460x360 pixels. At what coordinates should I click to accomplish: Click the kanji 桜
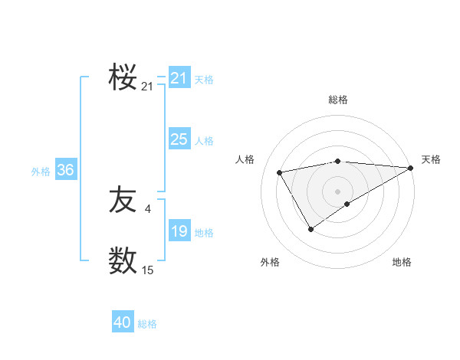(x=123, y=77)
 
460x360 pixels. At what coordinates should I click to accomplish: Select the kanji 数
(x=123, y=260)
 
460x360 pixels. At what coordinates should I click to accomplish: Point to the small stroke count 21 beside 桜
(x=147, y=87)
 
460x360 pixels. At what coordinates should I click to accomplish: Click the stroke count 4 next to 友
(x=147, y=208)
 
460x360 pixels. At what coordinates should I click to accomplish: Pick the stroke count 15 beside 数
(x=147, y=270)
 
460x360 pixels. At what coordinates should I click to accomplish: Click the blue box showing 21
(x=179, y=78)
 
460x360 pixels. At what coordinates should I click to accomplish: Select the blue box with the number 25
(x=179, y=139)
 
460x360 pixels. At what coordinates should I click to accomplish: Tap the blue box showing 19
(x=179, y=231)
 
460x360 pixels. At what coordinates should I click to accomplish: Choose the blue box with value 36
(x=65, y=170)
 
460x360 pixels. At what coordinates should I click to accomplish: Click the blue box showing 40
(x=123, y=323)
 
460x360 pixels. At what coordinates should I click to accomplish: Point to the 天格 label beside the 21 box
(x=204, y=79)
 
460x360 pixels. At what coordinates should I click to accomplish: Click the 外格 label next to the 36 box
(x=41, y=172)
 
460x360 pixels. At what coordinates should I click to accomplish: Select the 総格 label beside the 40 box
(x=147, y=324)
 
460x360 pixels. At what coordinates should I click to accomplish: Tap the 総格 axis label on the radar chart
(x=337, y=100)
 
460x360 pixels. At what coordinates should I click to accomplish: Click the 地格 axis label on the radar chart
(x=402, y=262)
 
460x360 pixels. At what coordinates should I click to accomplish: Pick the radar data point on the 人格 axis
(x=279, y=172)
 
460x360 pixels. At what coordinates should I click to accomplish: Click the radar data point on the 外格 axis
(x=310, y=229)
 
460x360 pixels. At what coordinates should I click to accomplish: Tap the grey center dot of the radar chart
(x=337, y=191)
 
